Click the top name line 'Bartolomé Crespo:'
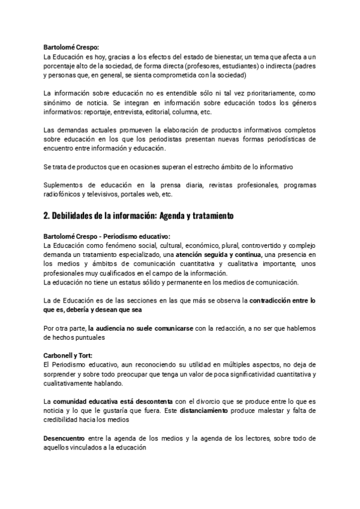pyautogui.click(x=71, y=47)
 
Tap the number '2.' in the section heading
pyautogui.click(x=48, y=215)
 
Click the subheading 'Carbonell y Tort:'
pyautogui.click(x=68, y=355)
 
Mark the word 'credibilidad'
pyautogui.click(x=64, y=420)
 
